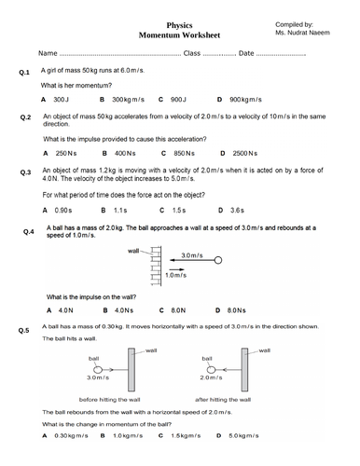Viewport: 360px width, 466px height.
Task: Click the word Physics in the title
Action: [179, 27]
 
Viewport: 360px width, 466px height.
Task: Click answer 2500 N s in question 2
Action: [245, 152]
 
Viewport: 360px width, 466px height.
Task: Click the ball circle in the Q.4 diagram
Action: [218, 262]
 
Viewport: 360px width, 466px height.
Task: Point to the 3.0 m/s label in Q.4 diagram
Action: [192, 254]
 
